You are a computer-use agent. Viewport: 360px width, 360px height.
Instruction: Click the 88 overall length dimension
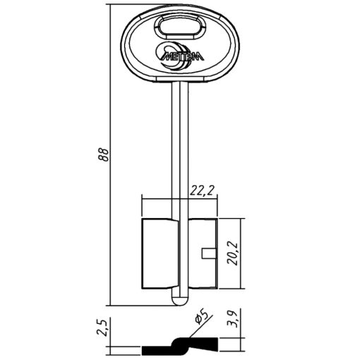(x=104, y=154)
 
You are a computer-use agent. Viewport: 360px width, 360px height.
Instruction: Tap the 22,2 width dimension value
(x=203, y=191)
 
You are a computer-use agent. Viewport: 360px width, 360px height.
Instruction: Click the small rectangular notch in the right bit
(x=209, y=253)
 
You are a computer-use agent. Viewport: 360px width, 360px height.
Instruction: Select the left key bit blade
(x=160, y=253)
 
